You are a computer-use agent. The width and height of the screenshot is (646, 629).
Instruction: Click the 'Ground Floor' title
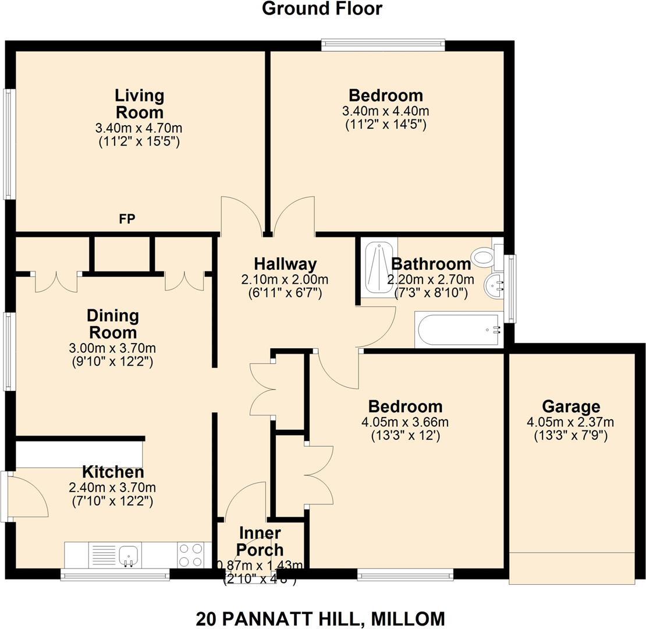coord(322,9)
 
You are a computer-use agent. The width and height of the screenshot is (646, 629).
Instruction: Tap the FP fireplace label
coord(127,219)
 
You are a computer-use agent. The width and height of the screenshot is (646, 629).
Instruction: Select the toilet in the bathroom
coord(483,255)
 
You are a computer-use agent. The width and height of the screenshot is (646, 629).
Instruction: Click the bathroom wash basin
coord(494,285)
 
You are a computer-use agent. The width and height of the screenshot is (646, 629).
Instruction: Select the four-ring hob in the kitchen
coord(190,554)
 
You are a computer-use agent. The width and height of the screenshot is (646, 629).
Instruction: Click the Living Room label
coord(139,103)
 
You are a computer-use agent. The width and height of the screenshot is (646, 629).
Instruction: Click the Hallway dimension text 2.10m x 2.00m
coord(285,280)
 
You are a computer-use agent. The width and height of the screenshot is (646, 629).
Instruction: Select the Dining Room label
coord(112,324)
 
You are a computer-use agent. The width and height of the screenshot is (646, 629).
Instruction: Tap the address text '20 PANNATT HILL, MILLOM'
coord(320,618)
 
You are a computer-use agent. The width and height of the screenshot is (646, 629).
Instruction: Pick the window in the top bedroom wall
coord(383,45)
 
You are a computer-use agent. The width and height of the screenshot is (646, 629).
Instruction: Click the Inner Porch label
coord(261,541)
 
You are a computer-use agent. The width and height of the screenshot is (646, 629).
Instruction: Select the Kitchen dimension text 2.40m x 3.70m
coord(112,487)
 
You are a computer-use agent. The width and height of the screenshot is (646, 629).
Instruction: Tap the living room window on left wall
coord(9,144)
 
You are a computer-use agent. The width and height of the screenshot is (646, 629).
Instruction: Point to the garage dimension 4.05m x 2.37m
coord(571,422)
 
